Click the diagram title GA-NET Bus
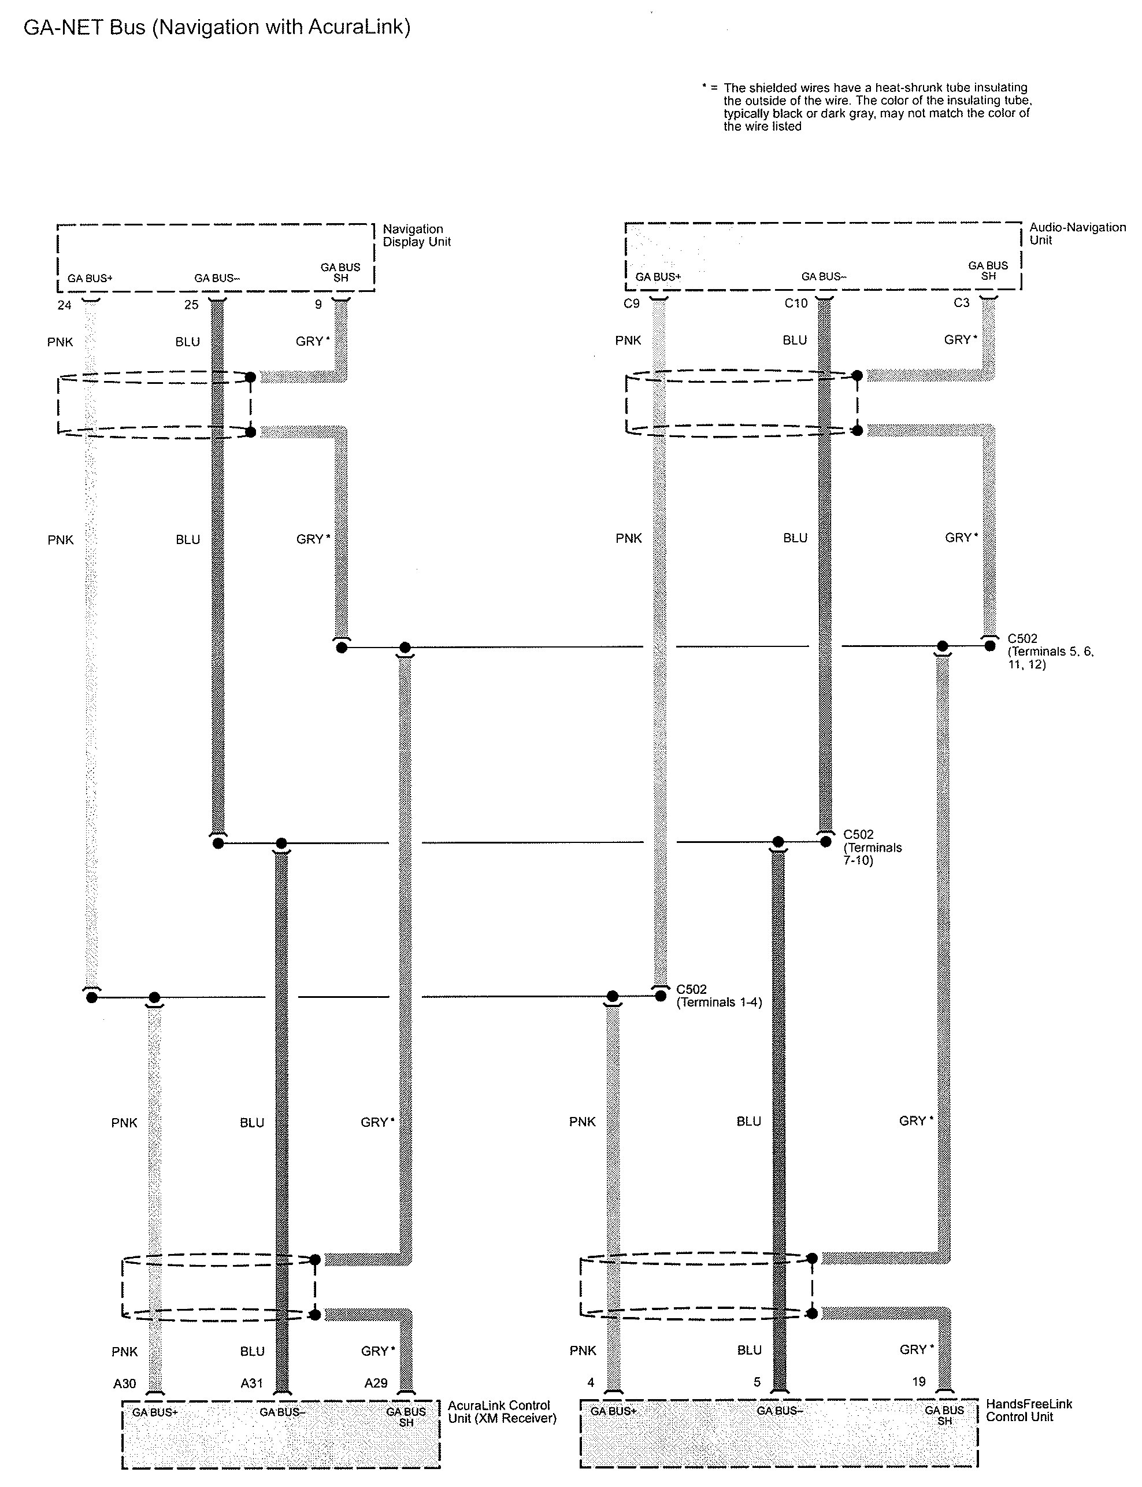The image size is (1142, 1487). pos(217,27)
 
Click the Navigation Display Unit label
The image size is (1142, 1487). pos(416,235)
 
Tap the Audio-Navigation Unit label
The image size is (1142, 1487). pos(1077,233)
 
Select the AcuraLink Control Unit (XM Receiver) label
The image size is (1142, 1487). pos(502,1411)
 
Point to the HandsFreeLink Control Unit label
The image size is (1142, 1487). pos(1029,1410)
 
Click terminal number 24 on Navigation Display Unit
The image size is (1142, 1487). pos(65,305)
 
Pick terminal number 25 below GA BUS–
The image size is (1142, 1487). pos(192,305)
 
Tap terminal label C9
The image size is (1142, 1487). pos(632,304)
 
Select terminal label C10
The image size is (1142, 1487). pos(795,304)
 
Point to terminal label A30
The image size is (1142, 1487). pos(124,1383)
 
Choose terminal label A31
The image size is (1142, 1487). pos(251,1383)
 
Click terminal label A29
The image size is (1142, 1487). pos(376,1383)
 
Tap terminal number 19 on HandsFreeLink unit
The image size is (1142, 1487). pos(919,1382)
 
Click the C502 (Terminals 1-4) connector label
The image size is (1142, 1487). pos(718,996)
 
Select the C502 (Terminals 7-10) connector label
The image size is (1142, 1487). pos(872,847)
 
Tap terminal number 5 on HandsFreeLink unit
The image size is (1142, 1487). pos(757,1382)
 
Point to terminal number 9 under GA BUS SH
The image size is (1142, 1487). pos(318,305)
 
